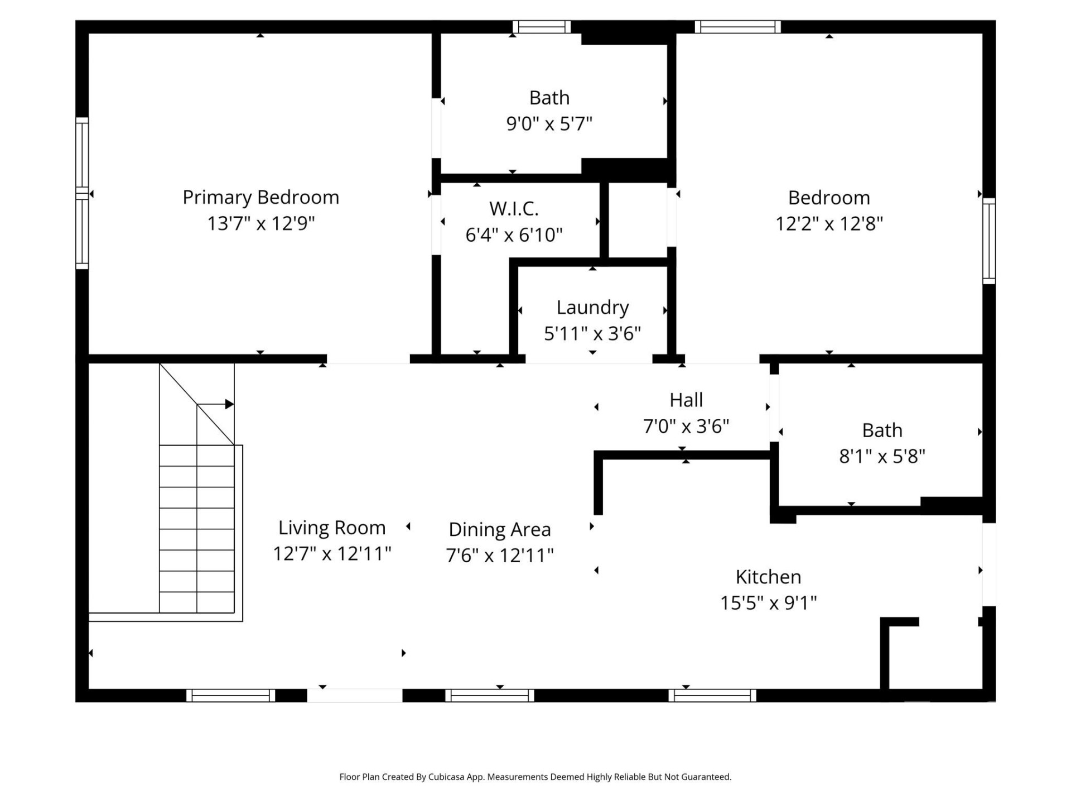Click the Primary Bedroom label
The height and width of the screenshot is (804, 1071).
click(260, 197)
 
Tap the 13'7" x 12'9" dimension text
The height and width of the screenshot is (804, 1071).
click(260, 223)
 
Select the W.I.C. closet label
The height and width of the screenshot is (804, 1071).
click(514, 209)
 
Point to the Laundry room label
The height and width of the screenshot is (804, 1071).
click(592, 307)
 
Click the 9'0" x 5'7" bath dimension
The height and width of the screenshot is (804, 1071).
click(549, 123)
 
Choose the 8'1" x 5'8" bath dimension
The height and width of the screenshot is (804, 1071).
click(882, 457)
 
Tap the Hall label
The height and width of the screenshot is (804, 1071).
click(686, 400)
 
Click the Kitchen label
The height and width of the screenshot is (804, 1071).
click(768, 577)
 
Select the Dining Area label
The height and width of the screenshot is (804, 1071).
click(499, 529)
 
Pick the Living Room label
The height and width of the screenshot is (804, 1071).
click(332, 528)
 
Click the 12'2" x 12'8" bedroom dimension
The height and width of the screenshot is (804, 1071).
click(829, 223)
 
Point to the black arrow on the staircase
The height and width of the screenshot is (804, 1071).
click(229, 404)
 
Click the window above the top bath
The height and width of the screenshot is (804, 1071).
click(542, 27)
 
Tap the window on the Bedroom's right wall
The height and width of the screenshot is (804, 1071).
click(988, 241)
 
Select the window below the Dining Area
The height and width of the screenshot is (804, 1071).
click(489, 695)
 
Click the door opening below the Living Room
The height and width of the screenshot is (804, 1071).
click(354, 695)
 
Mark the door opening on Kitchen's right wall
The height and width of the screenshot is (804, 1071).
click(988, 564)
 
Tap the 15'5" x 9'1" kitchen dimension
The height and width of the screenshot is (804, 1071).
click(768, 603)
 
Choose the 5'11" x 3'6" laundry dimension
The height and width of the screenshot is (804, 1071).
click(592, 333)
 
